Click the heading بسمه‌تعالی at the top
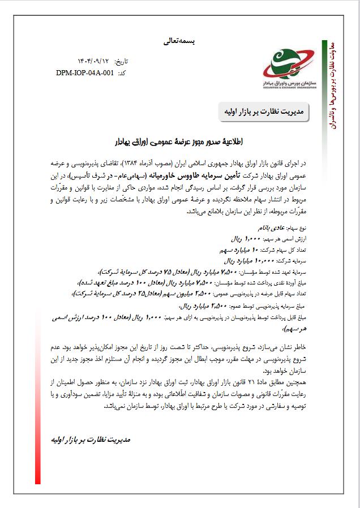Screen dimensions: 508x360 (x=177, y=41)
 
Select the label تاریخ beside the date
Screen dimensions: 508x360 (x=122, y=61)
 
